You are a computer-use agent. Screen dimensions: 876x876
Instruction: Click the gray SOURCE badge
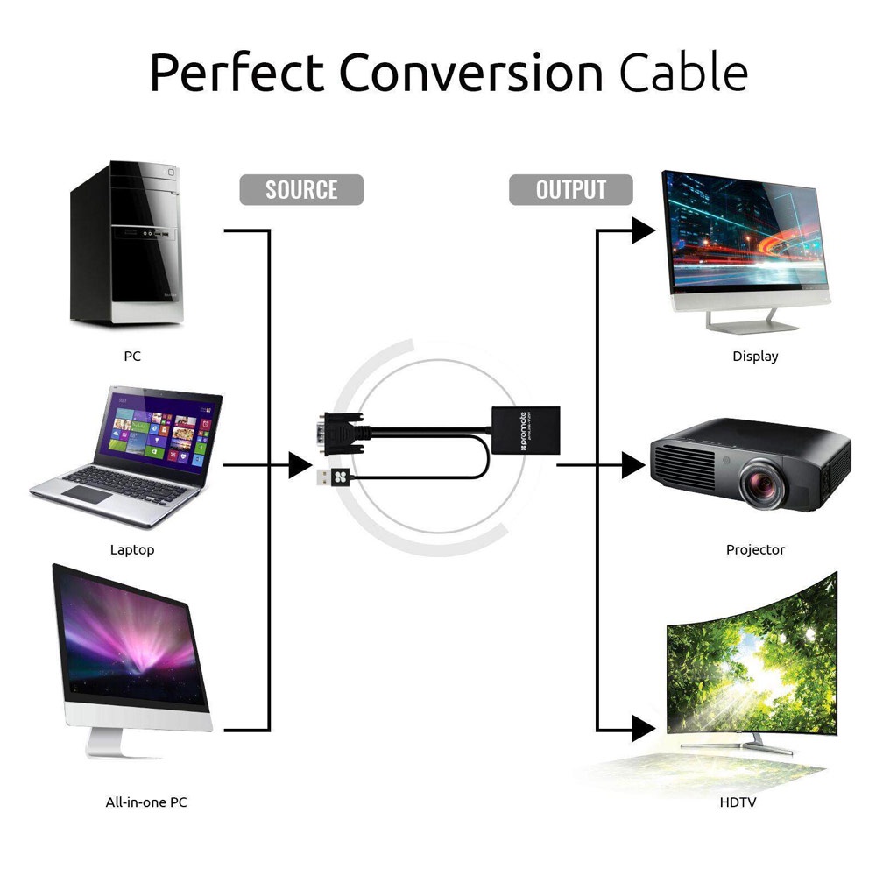coord(301,189)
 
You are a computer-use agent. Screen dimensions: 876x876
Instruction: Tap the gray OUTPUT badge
coord(570,189)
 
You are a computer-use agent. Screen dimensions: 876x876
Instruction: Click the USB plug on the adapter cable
coord(335,477)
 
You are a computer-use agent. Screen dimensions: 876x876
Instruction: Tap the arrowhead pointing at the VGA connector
coord(300,466)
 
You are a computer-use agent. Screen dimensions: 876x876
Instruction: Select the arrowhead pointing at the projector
coord(633,466)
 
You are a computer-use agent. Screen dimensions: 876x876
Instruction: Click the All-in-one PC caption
coord(146,802)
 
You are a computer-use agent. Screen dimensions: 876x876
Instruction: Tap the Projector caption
coord(755,550)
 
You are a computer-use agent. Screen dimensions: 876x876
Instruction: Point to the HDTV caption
coord(738,802)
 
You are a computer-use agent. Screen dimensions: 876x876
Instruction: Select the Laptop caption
coord(132,550)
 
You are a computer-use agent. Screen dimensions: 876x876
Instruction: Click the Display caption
coord(755,357)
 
